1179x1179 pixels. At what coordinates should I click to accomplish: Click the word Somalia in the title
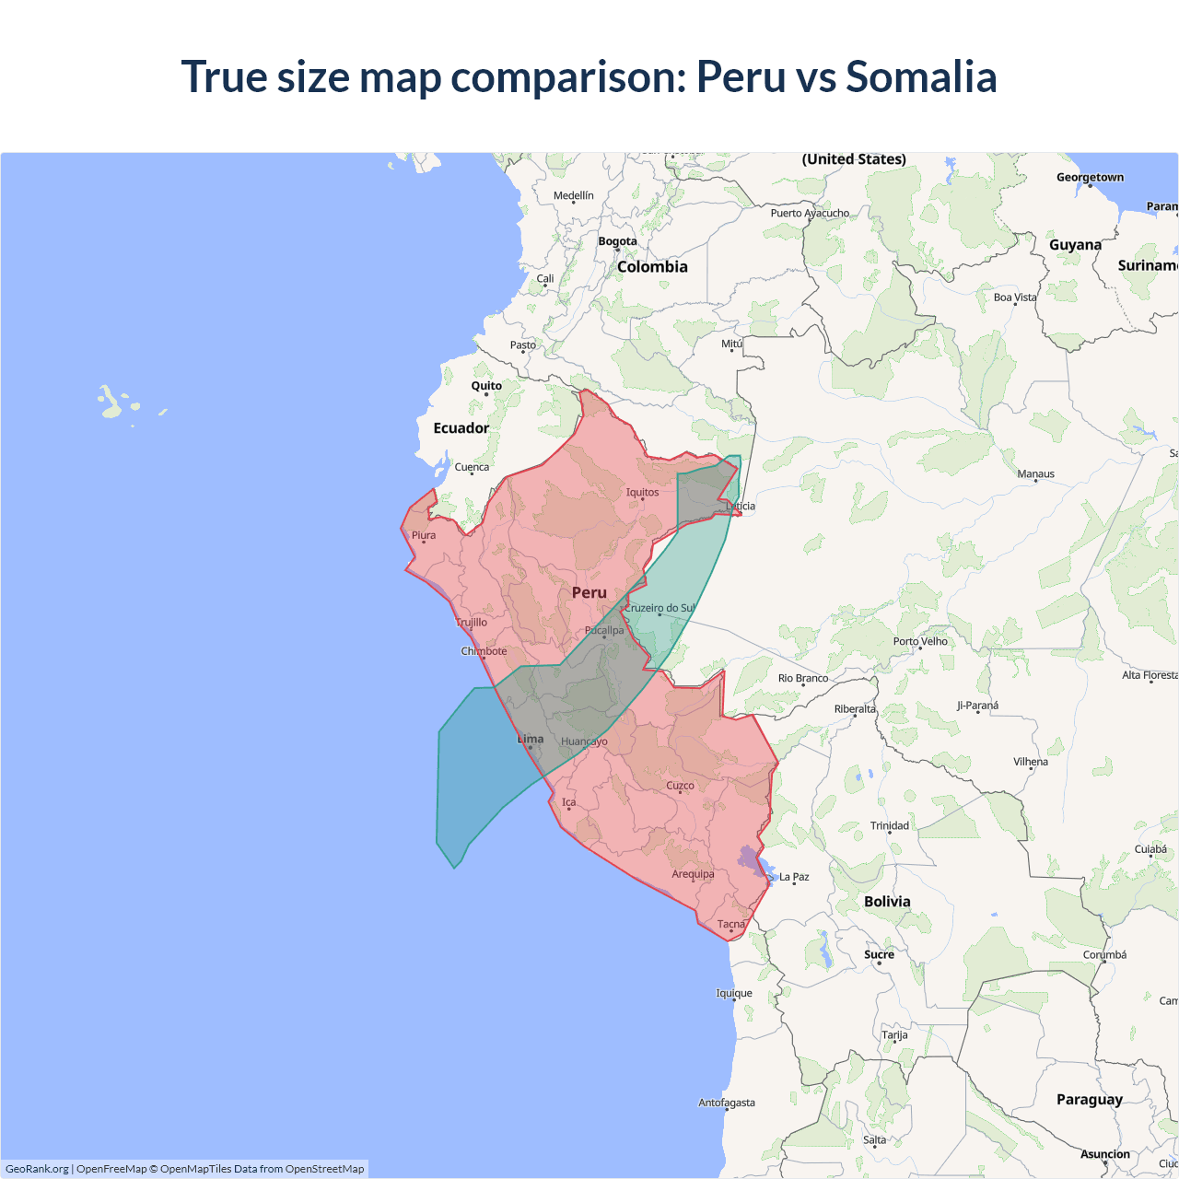coord(921,76)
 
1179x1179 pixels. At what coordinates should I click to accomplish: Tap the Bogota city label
coord(617,241)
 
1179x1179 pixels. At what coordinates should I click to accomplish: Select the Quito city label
coord(486,386)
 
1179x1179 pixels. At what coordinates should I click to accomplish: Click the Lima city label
coord(531,739)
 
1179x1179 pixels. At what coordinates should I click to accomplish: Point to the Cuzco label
coord(680,786)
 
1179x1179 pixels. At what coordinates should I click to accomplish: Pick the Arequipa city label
coord(693,874)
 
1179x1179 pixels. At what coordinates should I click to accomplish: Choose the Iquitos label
coord(642,492)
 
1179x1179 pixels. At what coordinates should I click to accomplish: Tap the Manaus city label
coord(1035,473)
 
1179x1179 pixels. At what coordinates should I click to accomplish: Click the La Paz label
coord(794,877)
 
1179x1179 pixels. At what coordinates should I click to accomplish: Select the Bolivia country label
coord(887,902)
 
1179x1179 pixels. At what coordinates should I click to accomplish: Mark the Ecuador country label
coord(461,428)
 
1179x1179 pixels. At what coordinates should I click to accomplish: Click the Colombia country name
coord(652,267)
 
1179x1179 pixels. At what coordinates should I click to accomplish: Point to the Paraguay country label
coord(1089,1100)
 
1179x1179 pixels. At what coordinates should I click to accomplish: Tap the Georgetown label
coord(1090,177)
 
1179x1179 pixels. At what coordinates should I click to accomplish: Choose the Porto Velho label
coord(920,641)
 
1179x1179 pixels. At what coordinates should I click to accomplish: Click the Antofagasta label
coord(726,1103)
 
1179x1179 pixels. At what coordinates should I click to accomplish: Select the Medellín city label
coord(573,195)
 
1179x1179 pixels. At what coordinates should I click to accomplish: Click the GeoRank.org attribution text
coord(37,1169)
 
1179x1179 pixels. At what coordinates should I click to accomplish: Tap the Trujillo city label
coord(472,623)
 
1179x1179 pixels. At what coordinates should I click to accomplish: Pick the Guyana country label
coord(1075,245)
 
